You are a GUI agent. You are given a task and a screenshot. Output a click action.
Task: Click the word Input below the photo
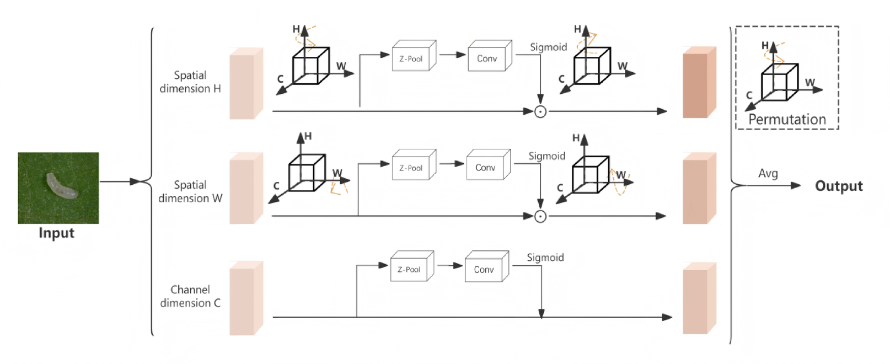pos(56,233)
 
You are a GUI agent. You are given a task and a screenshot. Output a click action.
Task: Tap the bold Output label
pos(838,186)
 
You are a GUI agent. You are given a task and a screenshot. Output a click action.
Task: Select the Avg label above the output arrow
pos(768,173)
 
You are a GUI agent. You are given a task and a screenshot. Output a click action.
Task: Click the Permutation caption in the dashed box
pos(786,119)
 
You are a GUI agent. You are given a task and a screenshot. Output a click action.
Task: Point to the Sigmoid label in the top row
pos(548,47)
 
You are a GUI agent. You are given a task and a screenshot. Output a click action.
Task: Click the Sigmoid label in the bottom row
pos(545,258)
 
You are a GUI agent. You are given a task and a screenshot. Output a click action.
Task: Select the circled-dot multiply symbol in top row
pos(540,111)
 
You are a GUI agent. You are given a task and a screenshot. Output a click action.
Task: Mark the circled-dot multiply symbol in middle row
pos(540,216)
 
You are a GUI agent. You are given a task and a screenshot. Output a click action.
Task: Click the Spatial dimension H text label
pos(190,82)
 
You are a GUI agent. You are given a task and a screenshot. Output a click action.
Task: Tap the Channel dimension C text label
pos(190,296)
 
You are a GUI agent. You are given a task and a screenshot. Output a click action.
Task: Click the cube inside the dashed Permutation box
pos(779,83)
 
